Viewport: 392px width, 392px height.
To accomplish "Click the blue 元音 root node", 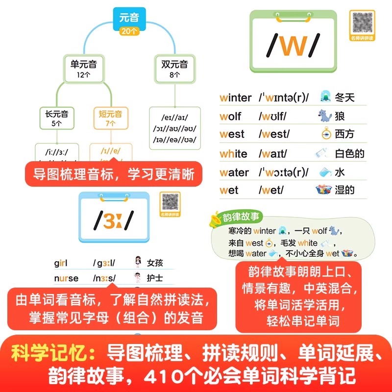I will pyautogui.click(x=129, y=22).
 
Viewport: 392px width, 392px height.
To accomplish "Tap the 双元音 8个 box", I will pyautogui.click(x=174, y=68).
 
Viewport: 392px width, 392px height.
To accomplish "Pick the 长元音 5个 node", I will pyautogui.click(x=57, y=118).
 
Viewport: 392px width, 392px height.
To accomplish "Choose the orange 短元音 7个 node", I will pyautogui.click(x=110, y=118).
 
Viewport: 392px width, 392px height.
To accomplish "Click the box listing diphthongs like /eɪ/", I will pyautogui.click(x=175, y=128).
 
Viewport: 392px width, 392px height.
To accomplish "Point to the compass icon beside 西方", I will pyautogui.click(x=324, y=134).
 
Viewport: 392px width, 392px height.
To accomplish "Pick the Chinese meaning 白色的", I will pyautogui.click(x=349, y=153).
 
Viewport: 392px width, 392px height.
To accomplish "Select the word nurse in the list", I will pyautogui.click(x=66, y=278).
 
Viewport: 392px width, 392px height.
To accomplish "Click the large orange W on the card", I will pyautogui.click(x=293, y=45).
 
